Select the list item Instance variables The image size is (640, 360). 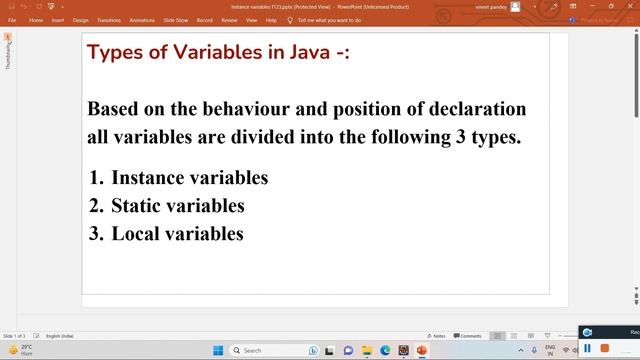[x=189, y=178]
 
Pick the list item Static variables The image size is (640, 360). [x=177, y=206]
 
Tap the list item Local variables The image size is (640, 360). [x=177, y=234]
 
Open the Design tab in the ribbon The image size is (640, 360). [x=80, y=20]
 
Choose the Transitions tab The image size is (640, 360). [x=109, y=20]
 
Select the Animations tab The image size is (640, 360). [x=142, y=20]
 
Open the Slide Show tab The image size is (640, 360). [x=175, y=20]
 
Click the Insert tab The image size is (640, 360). [x=58, y=20]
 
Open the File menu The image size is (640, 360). [x=12, y=20]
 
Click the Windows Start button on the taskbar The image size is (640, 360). [x=218, y=350]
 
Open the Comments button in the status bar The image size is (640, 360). [x=468, y=336]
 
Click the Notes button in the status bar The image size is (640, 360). [x=436, y=336]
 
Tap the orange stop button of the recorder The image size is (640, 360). [x=604, y=348]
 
